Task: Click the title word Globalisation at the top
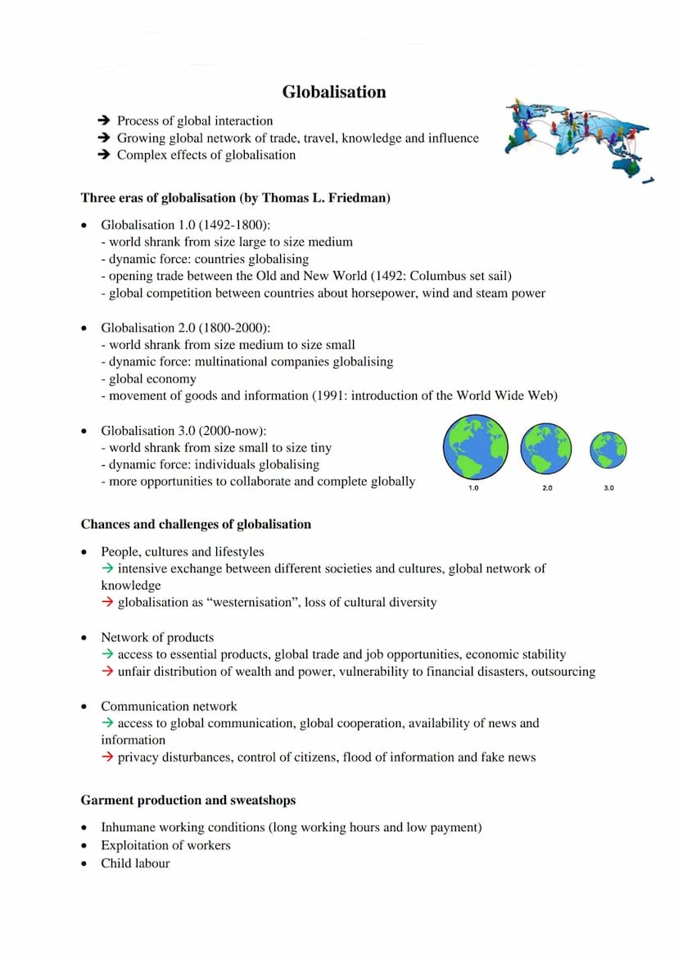(x=334, y=92)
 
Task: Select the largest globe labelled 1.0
(x=475, y=447)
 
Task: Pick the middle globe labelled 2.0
(x=546, y=448)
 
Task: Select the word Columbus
(x=426, y=276)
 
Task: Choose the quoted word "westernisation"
(x=255, y=602)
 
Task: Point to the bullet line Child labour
(x=135, y=863)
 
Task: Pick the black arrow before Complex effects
(x=104, y=155)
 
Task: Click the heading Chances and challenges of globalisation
(x=196, y=524)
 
